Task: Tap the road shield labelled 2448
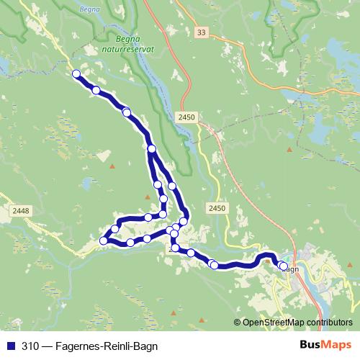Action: [21, 210]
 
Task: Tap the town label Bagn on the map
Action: [291, 269]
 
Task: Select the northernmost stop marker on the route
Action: [76, 73]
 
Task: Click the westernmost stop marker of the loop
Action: [103, 240]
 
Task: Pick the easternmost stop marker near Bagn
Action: [283, 266]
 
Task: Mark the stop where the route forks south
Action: [151, 148]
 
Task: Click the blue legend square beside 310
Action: [10, 346]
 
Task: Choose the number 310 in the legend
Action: [30, 346]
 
